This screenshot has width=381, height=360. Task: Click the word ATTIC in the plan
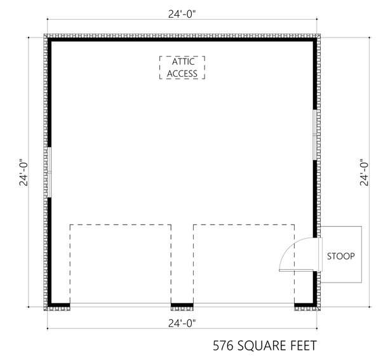tap(183, 62)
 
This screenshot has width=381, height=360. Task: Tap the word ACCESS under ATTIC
tap(183, 74)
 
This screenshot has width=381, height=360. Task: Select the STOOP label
tap(340, 257)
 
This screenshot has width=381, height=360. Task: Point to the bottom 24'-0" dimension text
tap(182, 323)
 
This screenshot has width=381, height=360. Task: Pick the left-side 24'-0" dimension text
tap(24, 173)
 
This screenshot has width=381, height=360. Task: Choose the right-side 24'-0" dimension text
tap(364, 173)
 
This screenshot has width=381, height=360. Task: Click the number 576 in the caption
tap(224, 346)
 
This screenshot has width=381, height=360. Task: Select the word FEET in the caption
tap(301, 346)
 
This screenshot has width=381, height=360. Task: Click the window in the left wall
tap(49, 173)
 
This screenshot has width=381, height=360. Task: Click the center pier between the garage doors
tap(182, 305)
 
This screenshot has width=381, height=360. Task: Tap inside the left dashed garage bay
tap(120, 263)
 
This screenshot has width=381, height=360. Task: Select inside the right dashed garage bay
tap(243, 263)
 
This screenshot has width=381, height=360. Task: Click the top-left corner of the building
tap(50, 40)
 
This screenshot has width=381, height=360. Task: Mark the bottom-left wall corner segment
tap(58, 305)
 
